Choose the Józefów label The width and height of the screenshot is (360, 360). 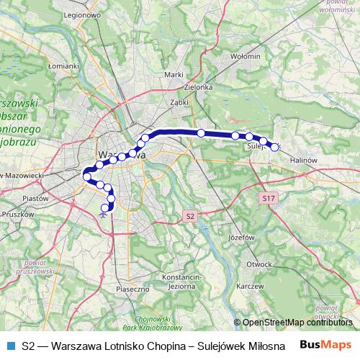pyautogui.click(x=242, y=237)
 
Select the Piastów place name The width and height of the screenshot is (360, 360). pyautogui.click(x=35, y=197)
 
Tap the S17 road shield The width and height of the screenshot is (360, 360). pyautogui.click(x=269, y=197)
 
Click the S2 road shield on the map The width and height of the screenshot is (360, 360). pyautogui.click(x=189, y=215)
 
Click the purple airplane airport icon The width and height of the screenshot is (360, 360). pyautogui.click(x=104, y=212)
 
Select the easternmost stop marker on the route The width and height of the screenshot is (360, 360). pyautogui.click(x=274, y=147)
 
